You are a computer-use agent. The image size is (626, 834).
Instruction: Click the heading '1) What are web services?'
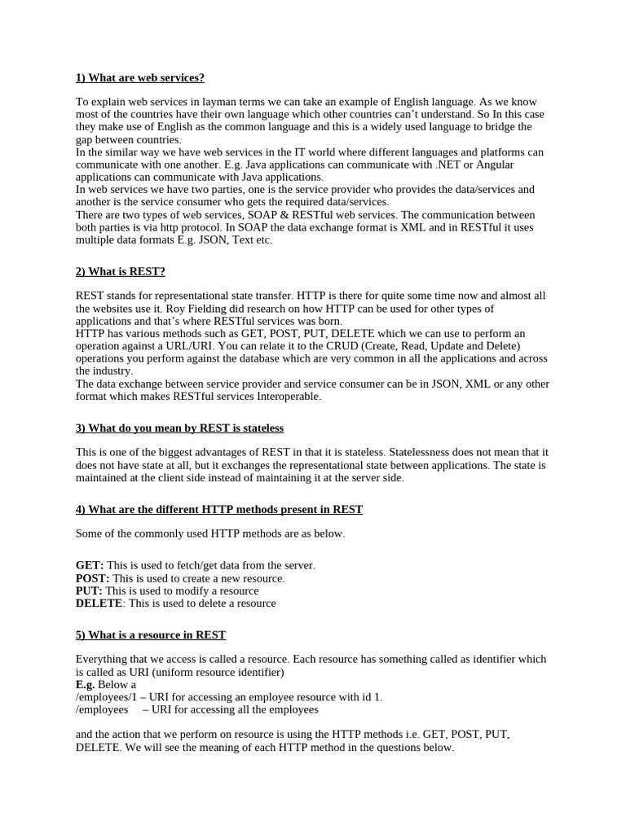140,77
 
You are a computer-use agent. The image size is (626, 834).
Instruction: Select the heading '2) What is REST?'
120,271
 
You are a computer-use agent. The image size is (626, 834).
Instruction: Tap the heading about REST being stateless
179,428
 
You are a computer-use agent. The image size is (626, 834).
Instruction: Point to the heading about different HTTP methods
219,509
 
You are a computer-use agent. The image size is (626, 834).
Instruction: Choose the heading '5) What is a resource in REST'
151,634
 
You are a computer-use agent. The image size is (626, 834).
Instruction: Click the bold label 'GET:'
90,565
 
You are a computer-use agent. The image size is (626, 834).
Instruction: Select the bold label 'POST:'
92,578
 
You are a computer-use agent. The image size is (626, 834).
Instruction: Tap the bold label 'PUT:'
89,590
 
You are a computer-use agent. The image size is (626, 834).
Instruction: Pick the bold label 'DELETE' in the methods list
99,604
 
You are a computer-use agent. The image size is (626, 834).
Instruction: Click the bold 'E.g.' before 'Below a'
86,684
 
